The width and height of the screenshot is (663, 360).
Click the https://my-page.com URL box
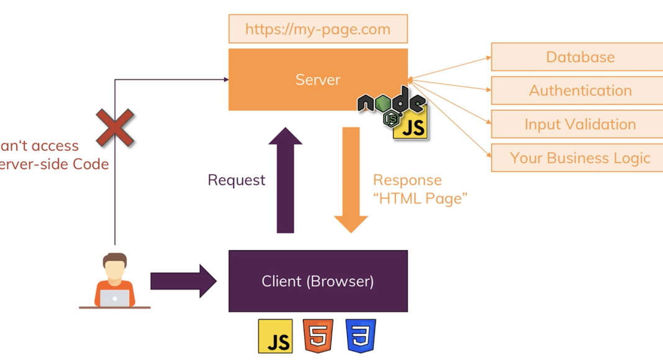click(318, 29)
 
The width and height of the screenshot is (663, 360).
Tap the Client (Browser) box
click(318, 281)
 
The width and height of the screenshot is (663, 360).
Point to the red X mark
click(115, 128)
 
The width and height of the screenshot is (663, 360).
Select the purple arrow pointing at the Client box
click(183, 281)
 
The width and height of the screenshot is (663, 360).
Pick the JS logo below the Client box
click(275, 336)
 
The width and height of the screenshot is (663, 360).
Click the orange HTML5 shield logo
click(318, 336)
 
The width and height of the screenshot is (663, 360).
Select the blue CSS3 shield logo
click(361, 336)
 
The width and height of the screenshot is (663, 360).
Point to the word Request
click(237, 180)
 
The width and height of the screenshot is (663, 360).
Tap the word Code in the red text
click(91, 164)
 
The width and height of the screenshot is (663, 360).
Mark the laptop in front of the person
click(115, 299)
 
